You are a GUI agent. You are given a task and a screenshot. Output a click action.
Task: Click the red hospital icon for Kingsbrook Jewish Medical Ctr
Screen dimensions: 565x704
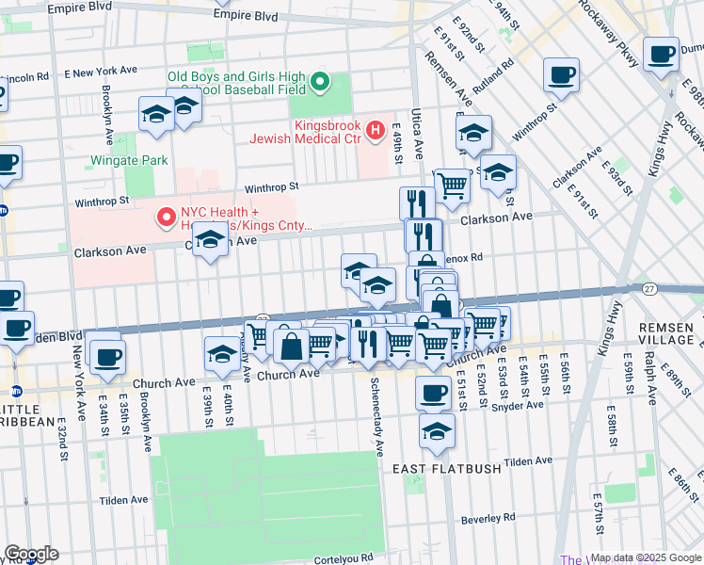(376, 129)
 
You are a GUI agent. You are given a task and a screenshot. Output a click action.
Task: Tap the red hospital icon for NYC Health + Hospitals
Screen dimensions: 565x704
(168, 218)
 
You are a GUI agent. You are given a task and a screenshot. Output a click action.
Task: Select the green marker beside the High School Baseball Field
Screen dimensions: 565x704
(320, 81)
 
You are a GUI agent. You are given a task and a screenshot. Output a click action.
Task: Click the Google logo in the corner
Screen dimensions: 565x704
(30, 554)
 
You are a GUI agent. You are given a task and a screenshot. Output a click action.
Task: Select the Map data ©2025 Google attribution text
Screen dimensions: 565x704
(646, 557)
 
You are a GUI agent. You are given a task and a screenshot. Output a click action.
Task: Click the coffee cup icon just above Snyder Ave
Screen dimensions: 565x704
(433, 391)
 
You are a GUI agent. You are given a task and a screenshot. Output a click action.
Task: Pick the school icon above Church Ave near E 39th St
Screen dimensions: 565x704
(222, 354)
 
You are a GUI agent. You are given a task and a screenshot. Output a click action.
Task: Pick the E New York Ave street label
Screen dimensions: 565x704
(101, 72)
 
